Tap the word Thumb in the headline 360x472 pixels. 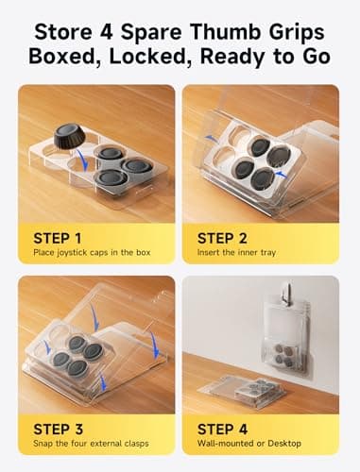[x=226, y=32]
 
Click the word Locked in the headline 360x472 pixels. [x=150, y=57]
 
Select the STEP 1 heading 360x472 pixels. [x=58, y=238]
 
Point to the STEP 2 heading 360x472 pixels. [x=222, y=238]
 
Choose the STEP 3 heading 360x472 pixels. [x=58, y=430]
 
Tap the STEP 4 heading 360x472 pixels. [x=222, y=430]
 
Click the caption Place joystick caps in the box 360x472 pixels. [x=92, y=253]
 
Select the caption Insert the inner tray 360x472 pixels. [x=236, y=252]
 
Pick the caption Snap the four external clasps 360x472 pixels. [x=91, y=444]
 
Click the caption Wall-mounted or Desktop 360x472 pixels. [x=249, y=444]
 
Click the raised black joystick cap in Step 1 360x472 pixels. [x=68, y=136]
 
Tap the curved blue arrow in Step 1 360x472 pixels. [x=82, y=160]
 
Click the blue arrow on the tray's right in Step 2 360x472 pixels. [x=281, y=175]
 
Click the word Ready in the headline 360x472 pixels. [x=232, y=58]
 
